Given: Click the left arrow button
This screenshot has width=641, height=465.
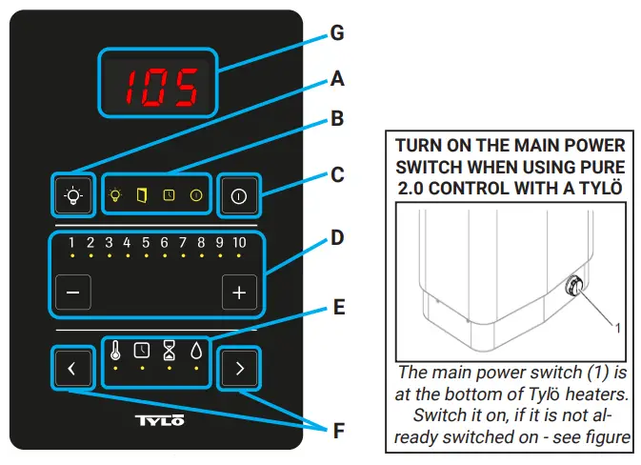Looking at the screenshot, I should click(x=71, y=368).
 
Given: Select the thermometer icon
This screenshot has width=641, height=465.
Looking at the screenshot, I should click(x=115, y=350).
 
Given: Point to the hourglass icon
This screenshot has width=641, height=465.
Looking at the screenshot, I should click(x=169, y=350).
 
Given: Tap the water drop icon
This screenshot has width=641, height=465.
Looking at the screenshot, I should click(x=195, y=350).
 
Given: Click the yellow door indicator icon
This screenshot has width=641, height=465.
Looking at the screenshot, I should click(x=142, y=195).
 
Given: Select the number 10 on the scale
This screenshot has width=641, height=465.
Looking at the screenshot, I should click(x=238, y=243).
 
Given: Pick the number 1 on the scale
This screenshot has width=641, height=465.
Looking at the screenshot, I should click(x=71, y=243).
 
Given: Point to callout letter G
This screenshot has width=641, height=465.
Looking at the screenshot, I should click(x=336, y=33).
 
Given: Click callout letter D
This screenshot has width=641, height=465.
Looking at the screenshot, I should click(x=336, y=235).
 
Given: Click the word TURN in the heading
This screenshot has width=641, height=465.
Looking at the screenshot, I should click(x=420, y=146).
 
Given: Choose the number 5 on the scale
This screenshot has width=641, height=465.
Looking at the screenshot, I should click(x=146, y=243).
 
